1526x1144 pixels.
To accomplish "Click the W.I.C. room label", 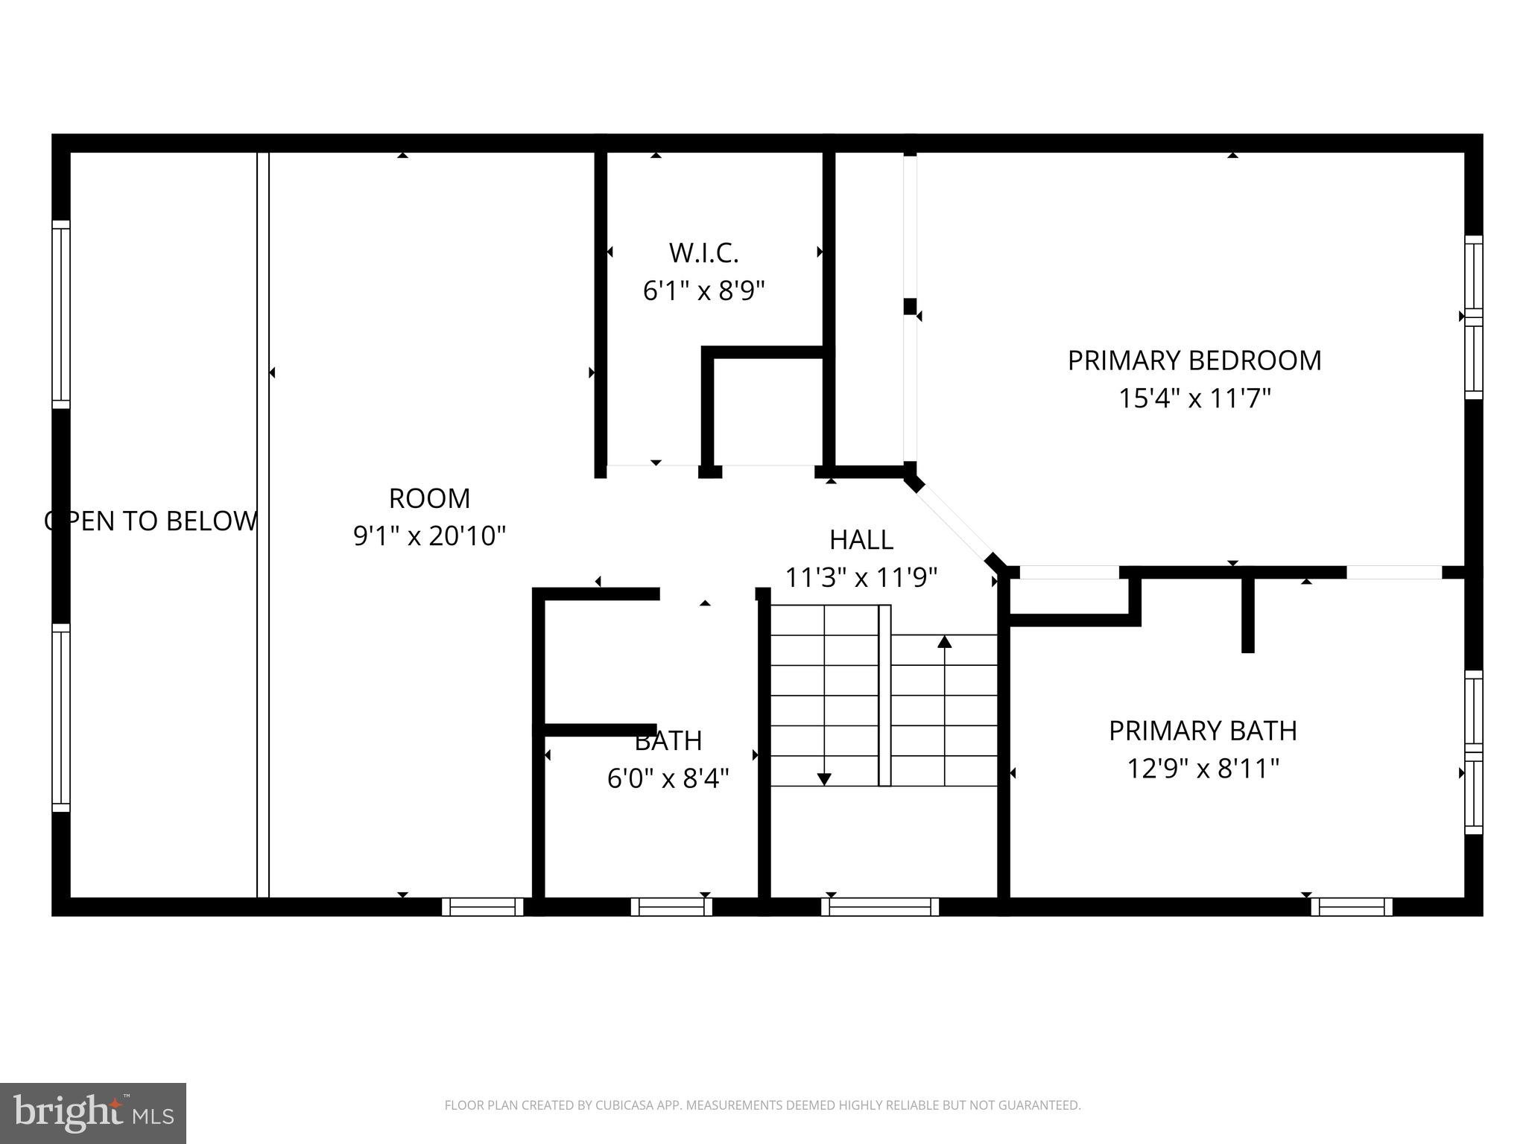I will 703,253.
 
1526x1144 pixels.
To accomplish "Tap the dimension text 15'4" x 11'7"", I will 1194,398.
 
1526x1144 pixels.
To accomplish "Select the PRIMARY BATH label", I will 1202,731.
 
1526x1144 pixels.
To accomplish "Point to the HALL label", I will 861,539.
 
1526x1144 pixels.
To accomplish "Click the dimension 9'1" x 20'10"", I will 429,536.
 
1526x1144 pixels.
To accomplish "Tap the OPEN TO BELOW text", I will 151,521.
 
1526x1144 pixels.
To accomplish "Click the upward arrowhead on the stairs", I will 944,641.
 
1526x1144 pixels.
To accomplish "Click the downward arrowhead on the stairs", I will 824,779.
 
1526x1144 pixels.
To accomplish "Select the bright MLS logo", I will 92,1113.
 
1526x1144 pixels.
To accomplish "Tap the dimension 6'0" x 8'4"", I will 668,778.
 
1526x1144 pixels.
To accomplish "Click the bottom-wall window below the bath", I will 671,906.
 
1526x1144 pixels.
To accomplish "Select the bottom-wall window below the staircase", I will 880,906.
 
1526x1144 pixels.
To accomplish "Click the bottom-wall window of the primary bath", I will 1352,906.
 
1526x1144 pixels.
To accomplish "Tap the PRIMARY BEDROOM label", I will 1194,360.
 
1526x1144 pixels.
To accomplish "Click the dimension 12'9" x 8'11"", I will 1202,768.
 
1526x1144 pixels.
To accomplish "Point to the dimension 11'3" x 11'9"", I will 861,577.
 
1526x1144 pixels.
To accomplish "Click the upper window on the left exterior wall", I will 60,314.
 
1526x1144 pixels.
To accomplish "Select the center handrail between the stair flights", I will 884,695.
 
